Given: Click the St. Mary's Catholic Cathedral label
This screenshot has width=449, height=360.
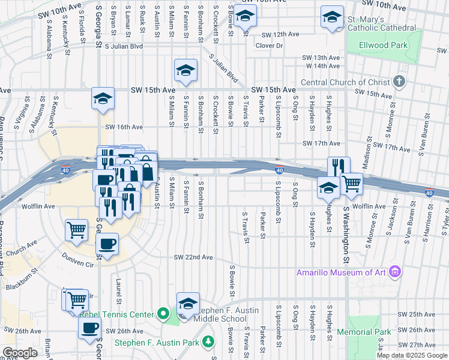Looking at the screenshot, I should [x=381, y=23].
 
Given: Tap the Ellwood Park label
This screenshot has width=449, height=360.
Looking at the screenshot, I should [x=383, y=45].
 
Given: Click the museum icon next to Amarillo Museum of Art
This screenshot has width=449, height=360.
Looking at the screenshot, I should [x=394, y=273].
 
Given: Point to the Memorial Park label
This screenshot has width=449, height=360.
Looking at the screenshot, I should [x=364, y=332].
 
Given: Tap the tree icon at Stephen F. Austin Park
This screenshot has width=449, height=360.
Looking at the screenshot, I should [x=208, y=342].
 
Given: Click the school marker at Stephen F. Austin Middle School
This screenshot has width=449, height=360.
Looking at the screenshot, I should [x=188, y=304].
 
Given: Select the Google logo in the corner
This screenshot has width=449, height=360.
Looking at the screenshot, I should [x=20, y=353].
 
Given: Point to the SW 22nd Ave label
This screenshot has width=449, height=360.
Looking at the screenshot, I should [x=193, y=257].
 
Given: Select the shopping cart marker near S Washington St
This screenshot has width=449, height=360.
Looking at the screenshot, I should [x=351, y=184].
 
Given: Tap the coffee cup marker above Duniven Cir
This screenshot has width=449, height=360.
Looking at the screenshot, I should [x=107, y=244].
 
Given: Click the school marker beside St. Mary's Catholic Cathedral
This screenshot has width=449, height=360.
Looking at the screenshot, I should [x=331, y=18].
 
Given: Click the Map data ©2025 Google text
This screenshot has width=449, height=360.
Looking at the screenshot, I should [x=412, y=355].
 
